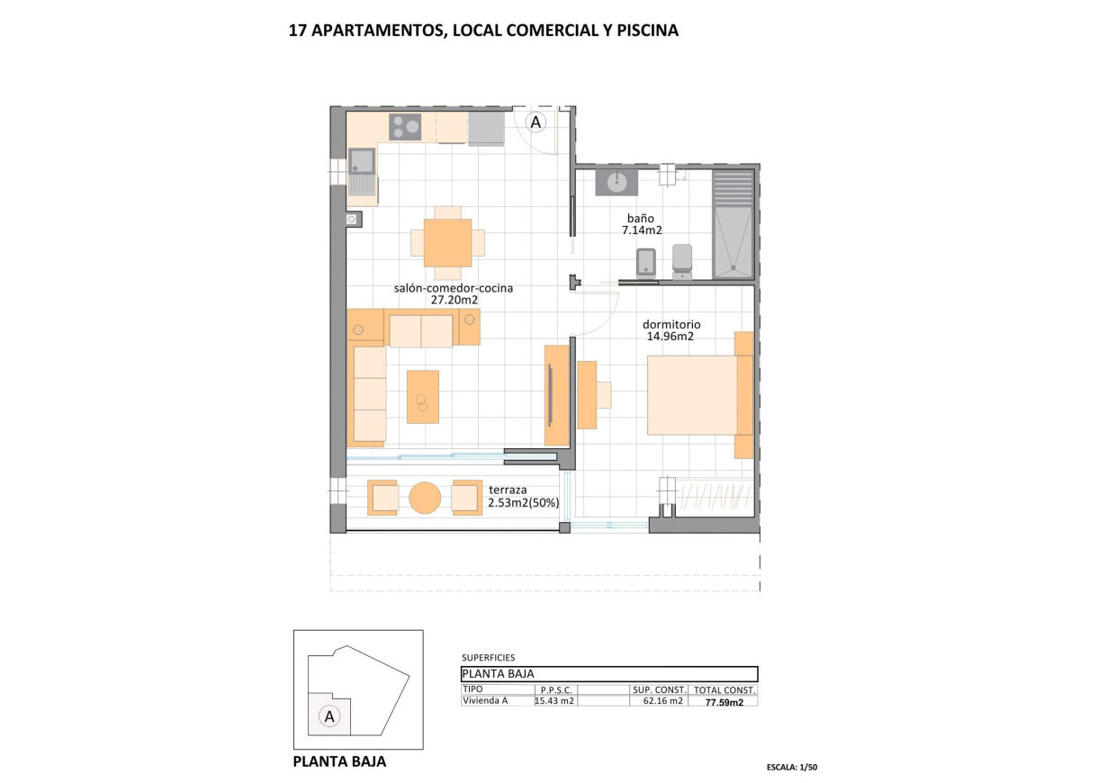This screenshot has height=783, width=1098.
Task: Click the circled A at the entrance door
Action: click(x=535, y=121)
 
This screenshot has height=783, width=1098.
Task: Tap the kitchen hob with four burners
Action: click(x=405, y=127)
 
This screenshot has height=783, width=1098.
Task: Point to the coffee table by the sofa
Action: click(x=422, y=396)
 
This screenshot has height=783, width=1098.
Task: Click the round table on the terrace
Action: click(x=424, y=498)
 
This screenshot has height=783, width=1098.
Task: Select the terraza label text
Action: click(x=507, y=490)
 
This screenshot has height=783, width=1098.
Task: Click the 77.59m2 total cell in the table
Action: click(x=723, y=702)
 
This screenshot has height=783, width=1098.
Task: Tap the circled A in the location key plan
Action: click(x=329, y=716)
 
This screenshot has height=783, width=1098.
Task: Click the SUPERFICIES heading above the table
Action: click(x=488, y=658)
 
